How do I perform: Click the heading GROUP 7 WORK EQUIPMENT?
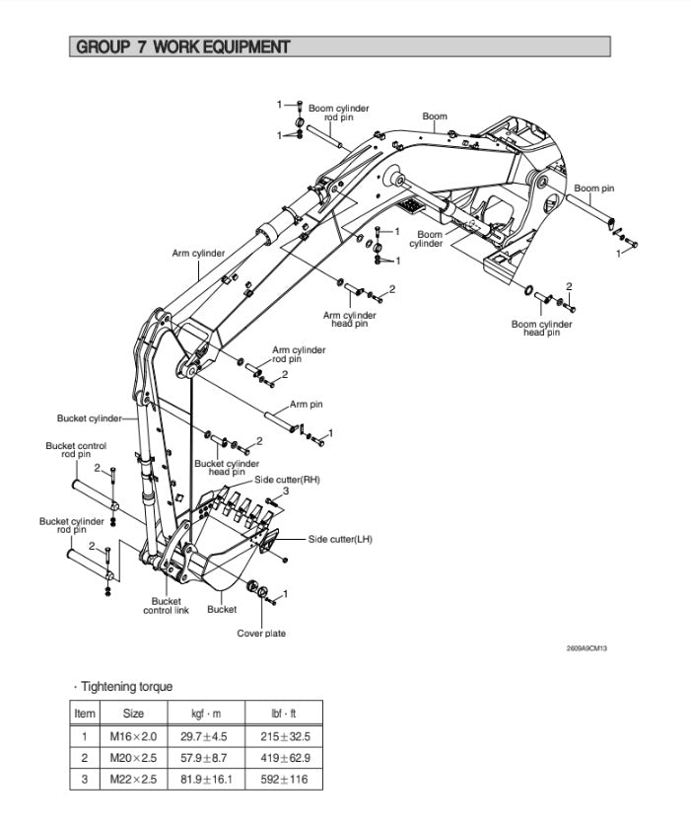182,46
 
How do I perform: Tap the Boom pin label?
594,189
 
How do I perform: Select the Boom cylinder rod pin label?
338,113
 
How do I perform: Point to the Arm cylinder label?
198,254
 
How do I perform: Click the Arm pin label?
307,404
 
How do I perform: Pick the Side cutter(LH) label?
340,539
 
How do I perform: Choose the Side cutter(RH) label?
287,479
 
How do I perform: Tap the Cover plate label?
261,633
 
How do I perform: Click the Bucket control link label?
166,605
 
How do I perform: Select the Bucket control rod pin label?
76,450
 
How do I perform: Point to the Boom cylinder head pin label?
541,328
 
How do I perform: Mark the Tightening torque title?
127,687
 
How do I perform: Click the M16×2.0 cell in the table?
133,735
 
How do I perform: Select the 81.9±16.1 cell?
207,779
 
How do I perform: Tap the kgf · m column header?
206,713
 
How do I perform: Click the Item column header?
85,713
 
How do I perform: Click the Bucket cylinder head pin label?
227,467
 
